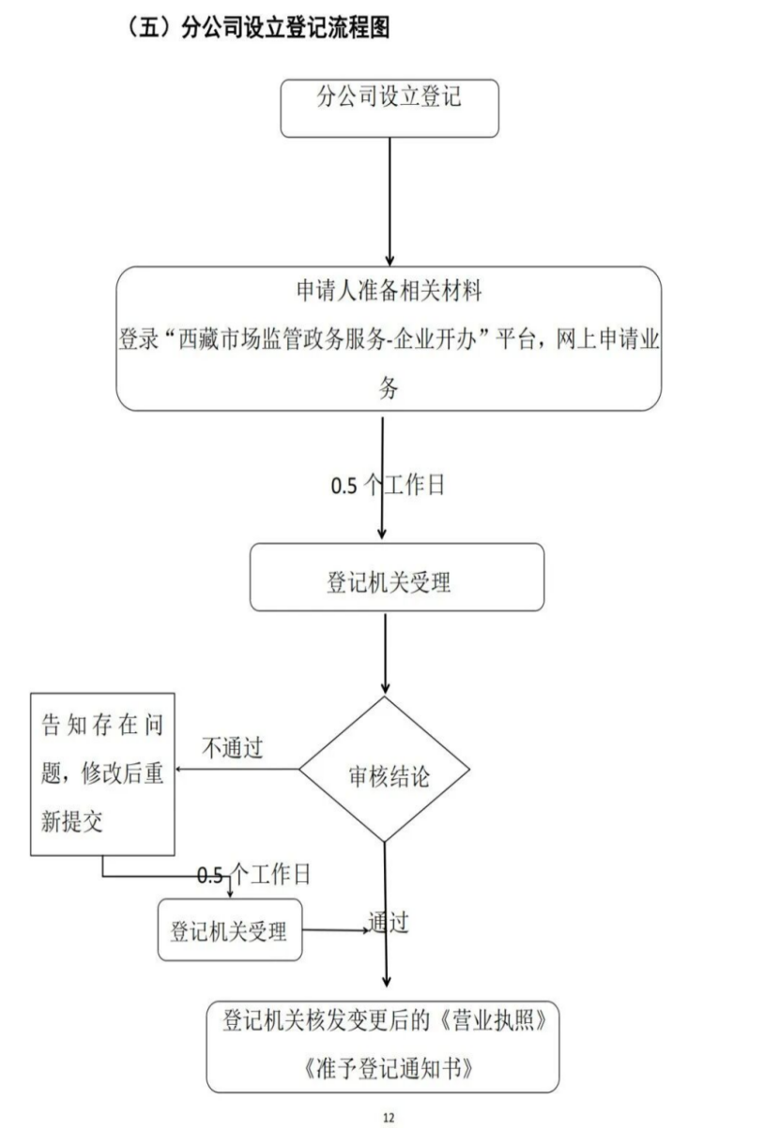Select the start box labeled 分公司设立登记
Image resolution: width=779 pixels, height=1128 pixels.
pyautogui.click(x=389, y=107)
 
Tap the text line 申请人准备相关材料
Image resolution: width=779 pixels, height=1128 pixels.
pyautogui.click(x=389, y=292)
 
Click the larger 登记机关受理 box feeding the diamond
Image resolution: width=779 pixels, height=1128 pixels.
pyautogui.click(x=396, y=577)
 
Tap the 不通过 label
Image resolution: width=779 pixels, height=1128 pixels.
pyautogui.click(x=233, y=747)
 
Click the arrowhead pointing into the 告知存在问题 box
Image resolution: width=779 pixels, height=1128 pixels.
pyautogui.click(x=182, y=771)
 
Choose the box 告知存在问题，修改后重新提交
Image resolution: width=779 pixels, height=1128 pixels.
pyautogui.click(x=103, y=775)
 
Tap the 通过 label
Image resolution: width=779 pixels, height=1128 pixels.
pyautogui.click(x=388, y=923)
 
